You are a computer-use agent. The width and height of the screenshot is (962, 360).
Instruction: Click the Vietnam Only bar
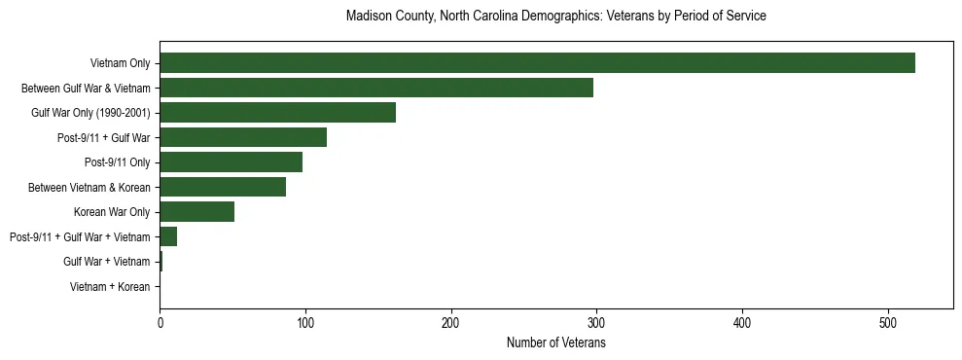(537, 63)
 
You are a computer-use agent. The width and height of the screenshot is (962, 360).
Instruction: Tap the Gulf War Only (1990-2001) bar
(277, 113)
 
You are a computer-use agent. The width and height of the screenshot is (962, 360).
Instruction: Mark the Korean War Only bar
(196, 212)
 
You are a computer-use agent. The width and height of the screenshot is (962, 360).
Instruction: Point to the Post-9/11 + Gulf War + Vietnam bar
(168, 236)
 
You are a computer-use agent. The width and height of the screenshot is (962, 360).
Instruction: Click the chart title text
(555, 17)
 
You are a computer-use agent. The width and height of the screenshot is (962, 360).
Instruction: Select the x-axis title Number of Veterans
(555, 343)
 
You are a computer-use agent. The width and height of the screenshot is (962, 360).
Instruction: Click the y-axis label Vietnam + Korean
(110, 287)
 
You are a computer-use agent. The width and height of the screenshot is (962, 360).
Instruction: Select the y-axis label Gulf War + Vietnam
(106, 262)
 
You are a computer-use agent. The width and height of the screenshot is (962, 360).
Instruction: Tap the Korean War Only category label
(112, 212)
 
